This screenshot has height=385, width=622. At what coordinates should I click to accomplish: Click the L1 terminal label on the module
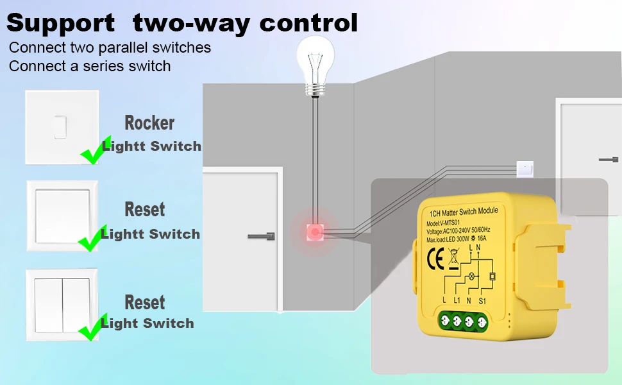point(457,300)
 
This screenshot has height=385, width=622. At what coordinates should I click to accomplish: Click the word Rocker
point(149,123)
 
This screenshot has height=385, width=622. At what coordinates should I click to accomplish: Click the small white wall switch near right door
point(525,169)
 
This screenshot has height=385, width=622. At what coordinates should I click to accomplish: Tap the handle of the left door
point(262,236)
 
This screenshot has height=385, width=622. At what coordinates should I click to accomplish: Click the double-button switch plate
point(62,304)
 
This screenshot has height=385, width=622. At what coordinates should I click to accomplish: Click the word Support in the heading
point(60,23)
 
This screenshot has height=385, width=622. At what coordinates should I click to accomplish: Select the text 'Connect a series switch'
point(90,66)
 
